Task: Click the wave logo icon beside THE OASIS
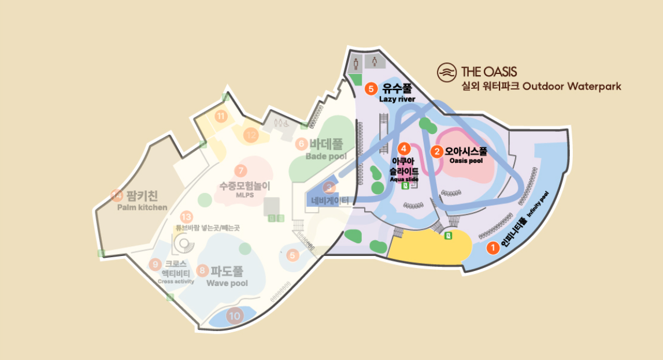(446, 72)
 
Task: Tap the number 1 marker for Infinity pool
(492, 248)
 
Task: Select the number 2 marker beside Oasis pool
(438, 152)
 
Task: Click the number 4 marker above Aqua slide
(405, 149)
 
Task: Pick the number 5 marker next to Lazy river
(372, 89)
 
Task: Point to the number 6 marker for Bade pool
(301, 144)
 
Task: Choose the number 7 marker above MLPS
(240, 170)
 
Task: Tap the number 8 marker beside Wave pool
(202, 270)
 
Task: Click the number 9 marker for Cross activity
(155, 265)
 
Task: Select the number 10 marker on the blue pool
(234, 316)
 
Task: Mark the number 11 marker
(220, 116)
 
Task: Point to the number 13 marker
(186, 217)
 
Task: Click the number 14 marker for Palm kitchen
(117, 195)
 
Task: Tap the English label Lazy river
(397, 99)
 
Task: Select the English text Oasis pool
(466, 161)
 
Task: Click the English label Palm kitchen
(142, 207)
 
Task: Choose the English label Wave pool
(227, 283)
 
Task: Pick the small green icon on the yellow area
(448, 235)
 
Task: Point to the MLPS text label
(245, 195)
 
